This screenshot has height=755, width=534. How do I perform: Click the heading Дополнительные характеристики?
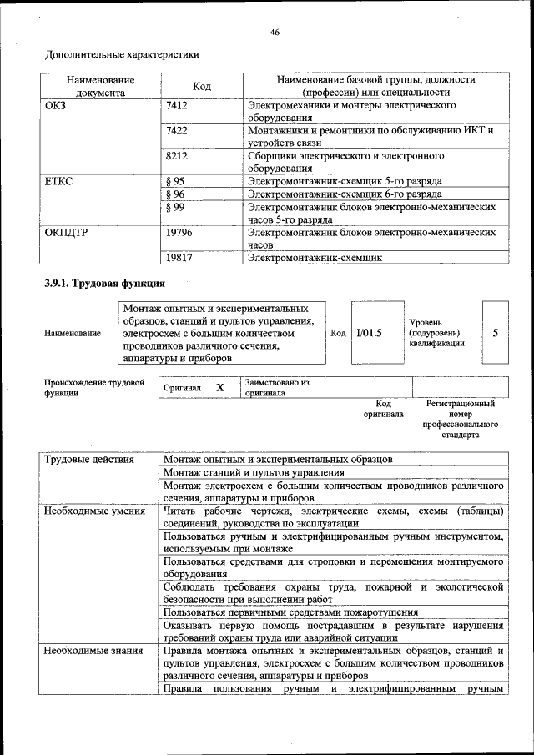click(122, 56)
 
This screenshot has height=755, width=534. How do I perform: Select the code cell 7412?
click(177, 107)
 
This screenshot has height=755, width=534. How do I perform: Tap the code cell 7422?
click(177, 131)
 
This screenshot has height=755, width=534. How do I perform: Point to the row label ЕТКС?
click(58, 180)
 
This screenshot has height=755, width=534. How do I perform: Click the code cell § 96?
click(175, 194)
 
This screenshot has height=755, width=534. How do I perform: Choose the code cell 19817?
click(179, 259)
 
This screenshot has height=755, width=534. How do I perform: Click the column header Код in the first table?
click(202, 86)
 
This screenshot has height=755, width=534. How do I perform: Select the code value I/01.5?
click(368, 332)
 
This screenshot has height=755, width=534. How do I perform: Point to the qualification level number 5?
click(496, 332)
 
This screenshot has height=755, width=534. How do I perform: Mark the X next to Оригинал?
click(220, 388)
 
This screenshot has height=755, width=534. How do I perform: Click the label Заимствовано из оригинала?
click(276, 388)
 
